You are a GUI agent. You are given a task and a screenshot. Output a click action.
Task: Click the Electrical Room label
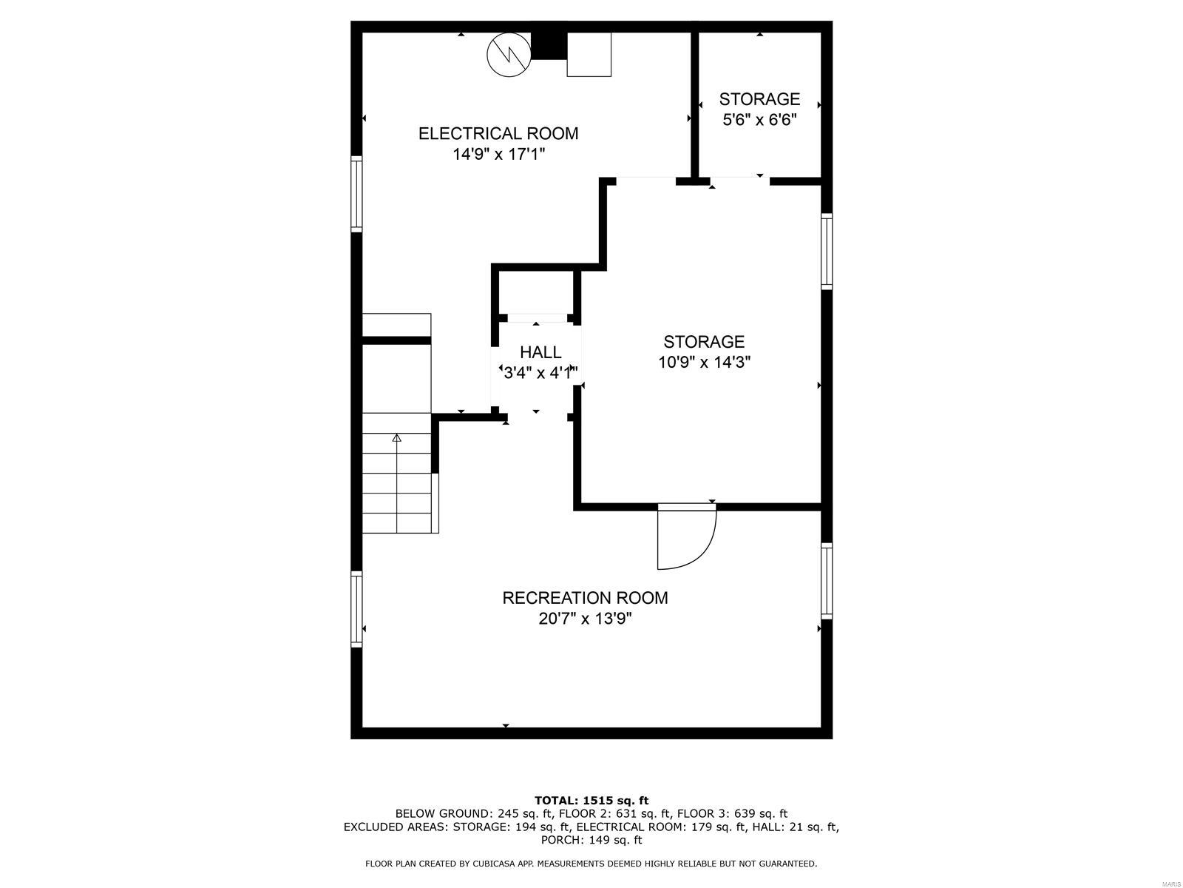pos(498,134)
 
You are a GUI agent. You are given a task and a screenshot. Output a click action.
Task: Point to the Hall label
pos(540,352)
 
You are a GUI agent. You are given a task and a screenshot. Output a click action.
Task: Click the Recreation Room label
pos(585,598)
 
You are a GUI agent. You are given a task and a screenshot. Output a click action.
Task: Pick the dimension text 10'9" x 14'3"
pos(704,363)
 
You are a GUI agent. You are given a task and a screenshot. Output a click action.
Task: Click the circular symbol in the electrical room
pos(509,54)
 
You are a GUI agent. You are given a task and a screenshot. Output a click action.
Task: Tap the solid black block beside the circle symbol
pos(549,44)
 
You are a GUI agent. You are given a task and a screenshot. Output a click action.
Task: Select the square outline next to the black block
pos(589,54)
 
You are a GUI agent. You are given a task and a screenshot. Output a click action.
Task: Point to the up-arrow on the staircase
pos(397,438)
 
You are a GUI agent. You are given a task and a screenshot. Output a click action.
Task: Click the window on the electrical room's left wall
pos(356,195)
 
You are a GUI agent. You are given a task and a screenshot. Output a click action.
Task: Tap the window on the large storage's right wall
pos(827,251)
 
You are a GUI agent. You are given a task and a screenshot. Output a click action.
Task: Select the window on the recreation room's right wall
pos(827,581)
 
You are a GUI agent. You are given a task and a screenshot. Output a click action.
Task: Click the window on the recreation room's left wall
pos(356,609)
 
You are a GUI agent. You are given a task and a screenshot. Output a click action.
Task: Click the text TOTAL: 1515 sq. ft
pos(591,800)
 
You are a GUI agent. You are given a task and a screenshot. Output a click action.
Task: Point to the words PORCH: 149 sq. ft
pos(591,840)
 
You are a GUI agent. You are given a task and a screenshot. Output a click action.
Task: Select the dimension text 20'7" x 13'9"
pos(585,619)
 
